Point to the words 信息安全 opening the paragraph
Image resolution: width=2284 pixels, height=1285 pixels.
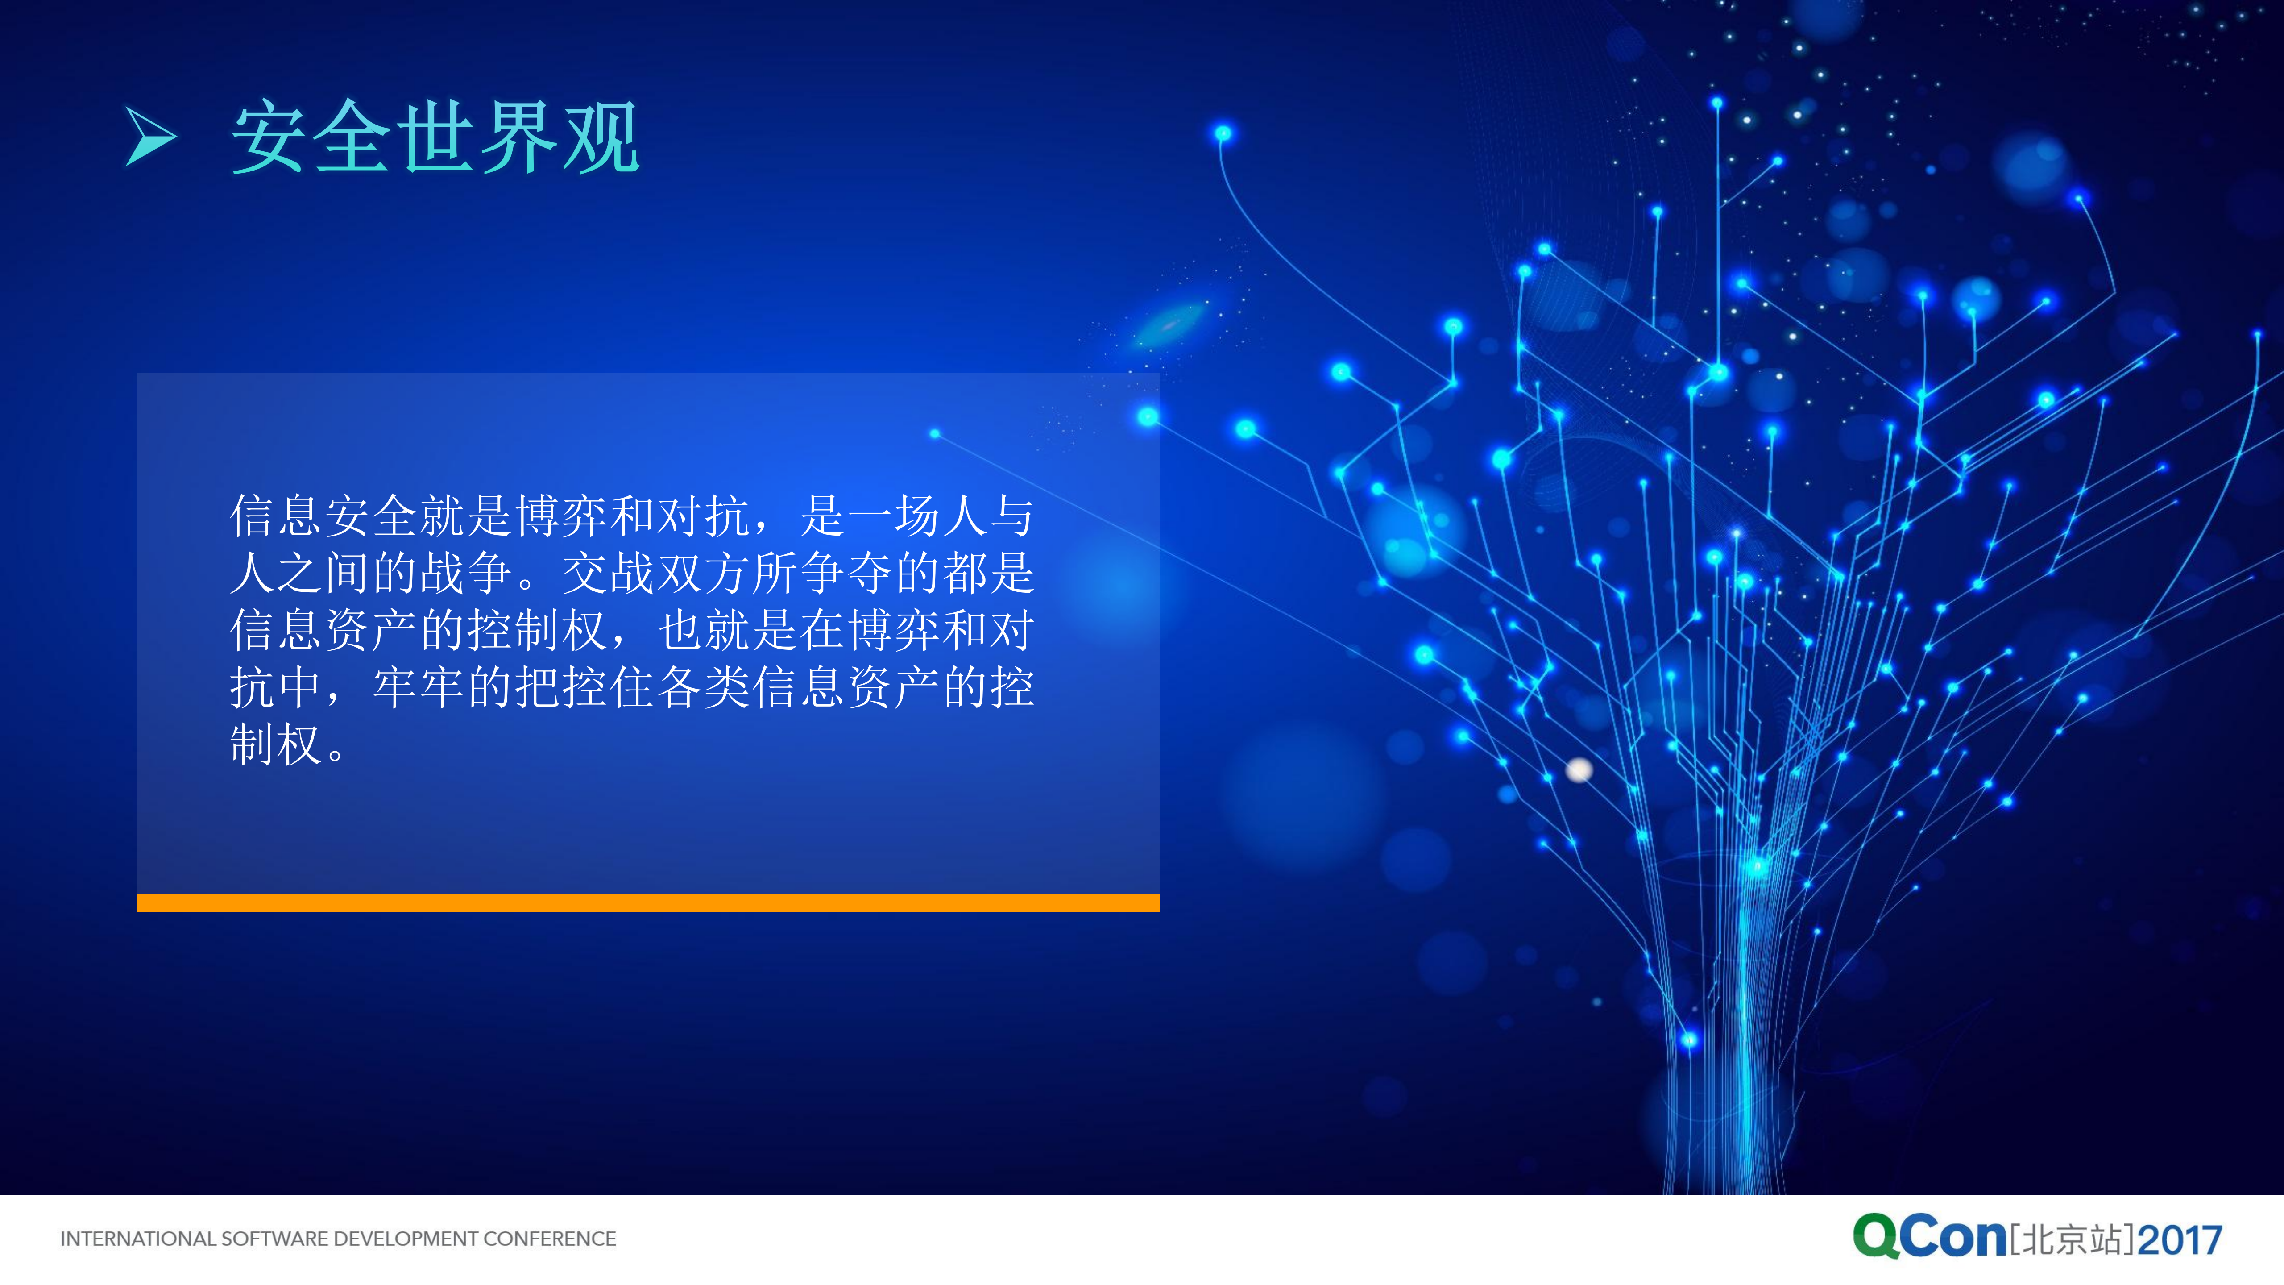click(x=323, y=516)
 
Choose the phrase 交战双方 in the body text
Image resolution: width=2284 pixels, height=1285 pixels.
click(x=657, y=573)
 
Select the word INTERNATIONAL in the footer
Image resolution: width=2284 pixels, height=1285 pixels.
click(x=137, y=1239)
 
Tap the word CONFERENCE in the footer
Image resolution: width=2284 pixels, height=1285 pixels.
click(x=550, y=1239)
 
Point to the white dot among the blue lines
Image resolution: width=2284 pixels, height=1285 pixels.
click(x=1579, y=770)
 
